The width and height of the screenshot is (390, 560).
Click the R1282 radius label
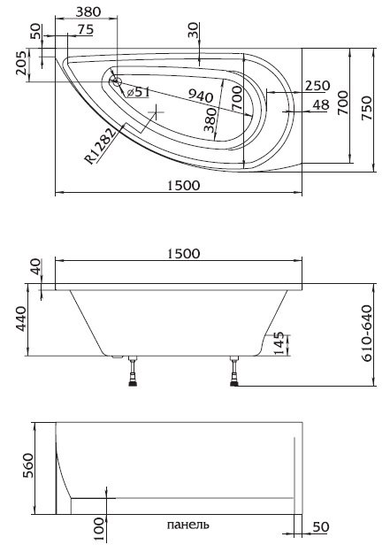[100, 146]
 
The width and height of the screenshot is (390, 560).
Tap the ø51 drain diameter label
[138, 92]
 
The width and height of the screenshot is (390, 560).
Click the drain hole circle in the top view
[116, 81]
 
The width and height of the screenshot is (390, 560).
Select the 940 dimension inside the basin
[201, 96]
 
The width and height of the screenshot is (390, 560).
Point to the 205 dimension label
[21, 63]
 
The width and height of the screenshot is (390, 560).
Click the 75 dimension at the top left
[86, 30]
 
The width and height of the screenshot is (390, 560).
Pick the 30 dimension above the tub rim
[193, 31]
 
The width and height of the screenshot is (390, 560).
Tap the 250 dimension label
[317, 86]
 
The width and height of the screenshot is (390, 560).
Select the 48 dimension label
[321, 105]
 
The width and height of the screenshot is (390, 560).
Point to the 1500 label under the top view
[184, 186]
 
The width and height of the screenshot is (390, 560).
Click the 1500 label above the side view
[184, 254]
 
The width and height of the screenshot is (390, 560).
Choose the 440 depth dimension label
[21, 319]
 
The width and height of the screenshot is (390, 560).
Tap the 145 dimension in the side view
[280, 343]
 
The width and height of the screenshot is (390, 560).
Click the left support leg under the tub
[133, 372]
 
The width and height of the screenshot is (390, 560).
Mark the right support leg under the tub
[234, 372]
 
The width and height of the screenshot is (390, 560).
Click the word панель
[187, 525]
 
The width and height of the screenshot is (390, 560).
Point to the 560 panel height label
[28, 465]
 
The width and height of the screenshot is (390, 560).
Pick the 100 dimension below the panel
[100, 529]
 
